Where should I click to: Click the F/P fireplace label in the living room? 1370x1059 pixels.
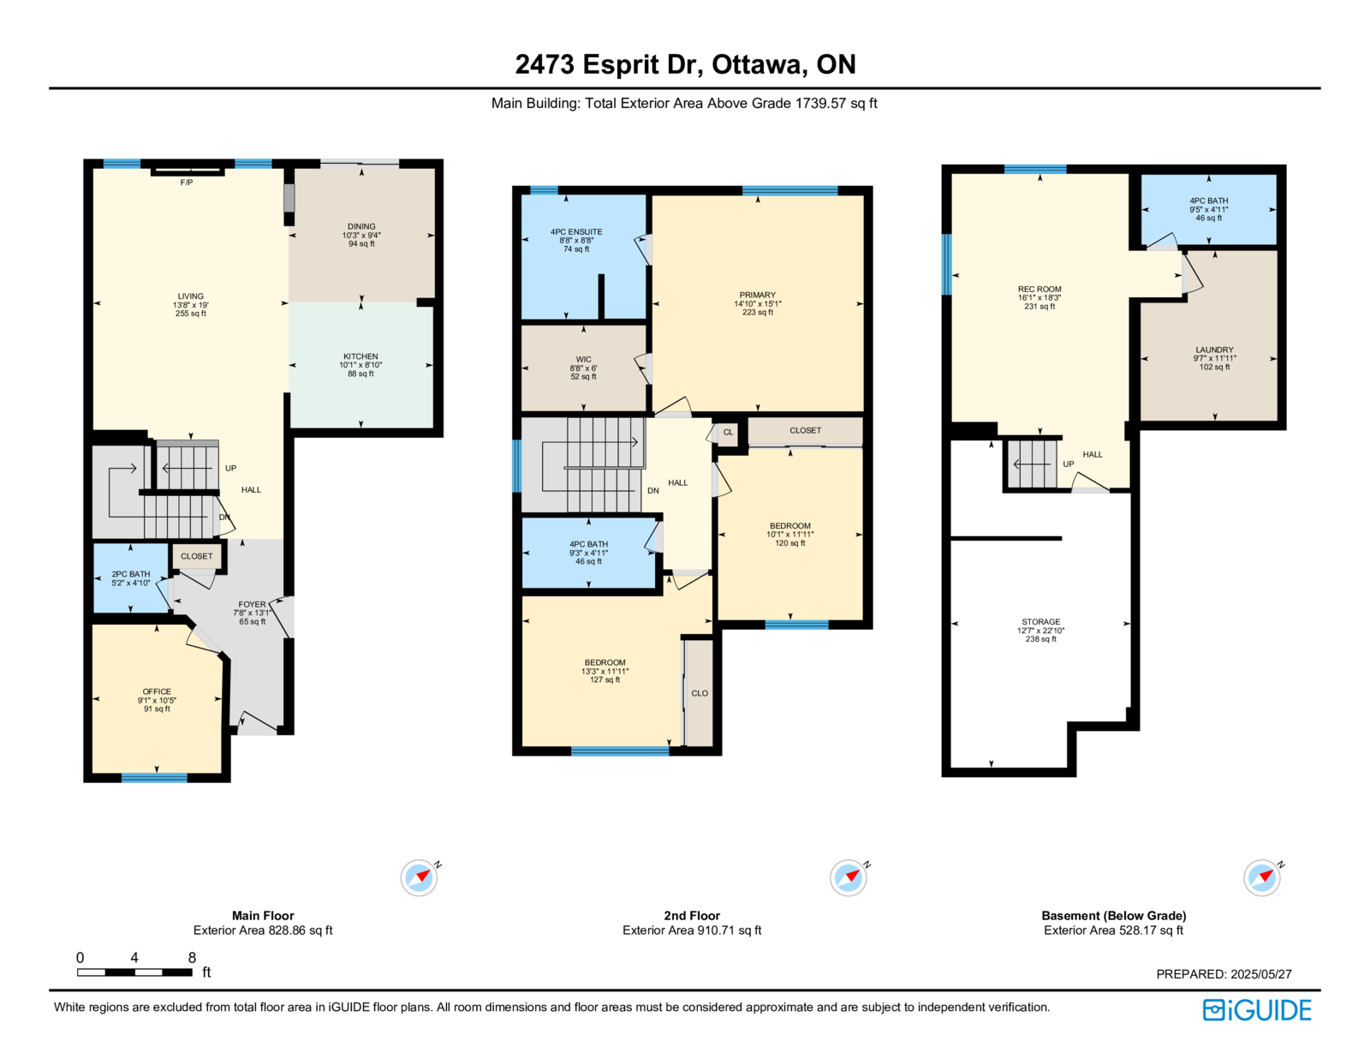[187, 182]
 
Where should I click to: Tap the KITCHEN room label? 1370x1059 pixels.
[360, 356]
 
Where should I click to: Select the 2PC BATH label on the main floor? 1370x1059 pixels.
[131, 574]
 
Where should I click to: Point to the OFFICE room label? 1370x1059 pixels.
[157, 691]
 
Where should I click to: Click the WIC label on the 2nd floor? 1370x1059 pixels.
[584, 360]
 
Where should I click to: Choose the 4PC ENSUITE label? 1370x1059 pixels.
[576, 232]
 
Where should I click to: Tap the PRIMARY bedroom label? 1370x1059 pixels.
[758, 296]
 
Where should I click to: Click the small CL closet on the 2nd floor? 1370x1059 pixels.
[728, 433]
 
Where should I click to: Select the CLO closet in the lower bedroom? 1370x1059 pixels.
[700, 693]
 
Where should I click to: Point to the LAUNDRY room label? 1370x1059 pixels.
[1215, 350]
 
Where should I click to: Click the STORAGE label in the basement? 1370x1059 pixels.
[1041, 622]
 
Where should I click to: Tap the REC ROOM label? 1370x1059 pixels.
[1039, 290]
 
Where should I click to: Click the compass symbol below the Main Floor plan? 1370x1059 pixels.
[420, 877]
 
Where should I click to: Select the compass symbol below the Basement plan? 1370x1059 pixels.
[1262, 877]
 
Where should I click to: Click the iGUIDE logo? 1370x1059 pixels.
[1257, 1010]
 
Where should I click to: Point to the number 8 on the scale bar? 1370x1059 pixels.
[192, 957]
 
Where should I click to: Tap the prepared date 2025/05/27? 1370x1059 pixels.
[1261, 974]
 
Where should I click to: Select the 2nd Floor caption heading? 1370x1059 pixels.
[692, 915]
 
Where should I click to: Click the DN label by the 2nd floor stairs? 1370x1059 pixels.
[653, 491]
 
